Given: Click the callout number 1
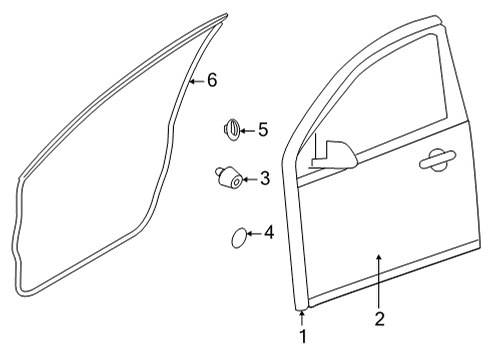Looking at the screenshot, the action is point(302,337).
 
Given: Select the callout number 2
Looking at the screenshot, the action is point(379,320).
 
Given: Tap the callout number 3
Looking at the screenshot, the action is point(265,180).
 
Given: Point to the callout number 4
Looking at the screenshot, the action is point(268,233).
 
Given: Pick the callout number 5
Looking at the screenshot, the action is point(263,129).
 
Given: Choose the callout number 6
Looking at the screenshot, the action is point(211,80).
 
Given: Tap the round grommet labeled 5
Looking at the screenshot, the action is point(230,130).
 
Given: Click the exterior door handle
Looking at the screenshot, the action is point(438,157).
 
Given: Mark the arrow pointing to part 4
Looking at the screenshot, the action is point(254,234).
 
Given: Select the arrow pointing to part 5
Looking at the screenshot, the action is point(249,129).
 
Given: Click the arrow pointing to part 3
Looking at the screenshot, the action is point(251,180).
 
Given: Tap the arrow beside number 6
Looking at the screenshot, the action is point(197,80).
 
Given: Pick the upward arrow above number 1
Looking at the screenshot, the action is point(302,318).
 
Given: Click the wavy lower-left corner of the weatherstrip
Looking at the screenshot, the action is point(21,270).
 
